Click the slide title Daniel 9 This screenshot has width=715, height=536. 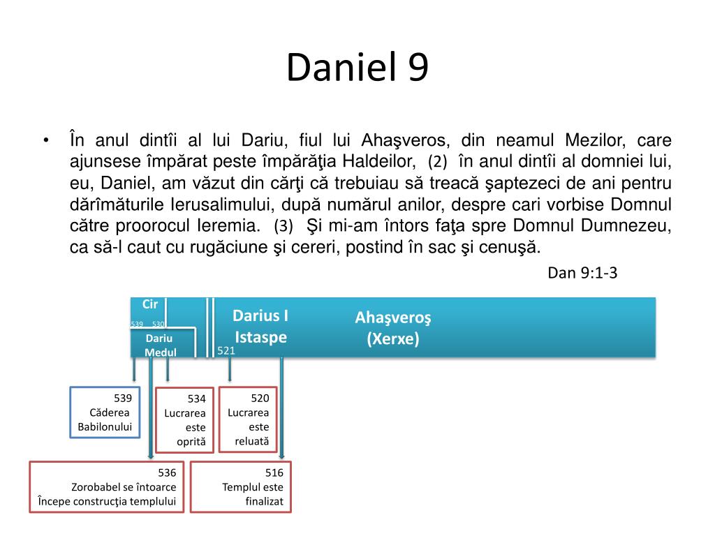pos(357,68)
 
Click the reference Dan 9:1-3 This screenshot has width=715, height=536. pos(582,273)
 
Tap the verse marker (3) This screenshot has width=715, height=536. pos(283,226)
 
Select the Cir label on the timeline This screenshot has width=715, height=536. pos(150,304)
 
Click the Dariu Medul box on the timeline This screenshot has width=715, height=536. pos(160,345)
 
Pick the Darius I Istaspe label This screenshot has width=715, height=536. pos(260,327)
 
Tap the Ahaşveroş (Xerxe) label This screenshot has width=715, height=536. pos(393,329)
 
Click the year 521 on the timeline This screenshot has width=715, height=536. pos(226,351)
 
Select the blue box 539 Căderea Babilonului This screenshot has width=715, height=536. pos(105,412)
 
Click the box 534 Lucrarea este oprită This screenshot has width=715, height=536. pos(184,419)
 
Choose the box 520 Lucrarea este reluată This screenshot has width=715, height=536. pos(248,419)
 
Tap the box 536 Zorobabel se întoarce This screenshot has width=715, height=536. pos(106,486)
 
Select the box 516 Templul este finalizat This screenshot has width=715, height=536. pos(241,486)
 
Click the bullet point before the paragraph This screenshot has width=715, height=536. pos(45,140)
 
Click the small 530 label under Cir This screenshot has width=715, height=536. pos(159,324)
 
